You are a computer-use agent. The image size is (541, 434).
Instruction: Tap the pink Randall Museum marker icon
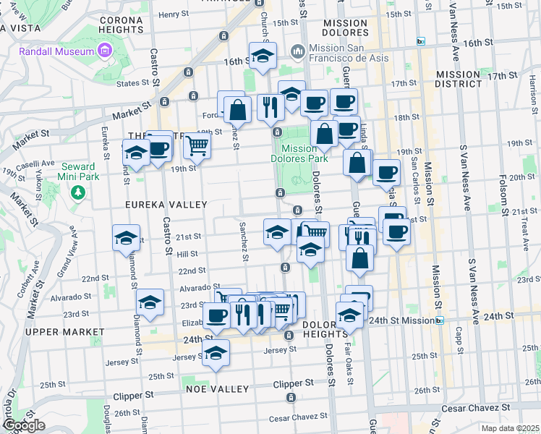(105, 51)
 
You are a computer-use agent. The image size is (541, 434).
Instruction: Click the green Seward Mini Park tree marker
(78, 193)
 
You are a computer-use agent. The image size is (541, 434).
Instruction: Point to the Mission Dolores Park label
(299, 152)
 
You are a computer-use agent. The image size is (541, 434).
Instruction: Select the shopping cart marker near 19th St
(197, 146)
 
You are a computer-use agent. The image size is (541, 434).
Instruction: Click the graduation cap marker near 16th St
(263, 55)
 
